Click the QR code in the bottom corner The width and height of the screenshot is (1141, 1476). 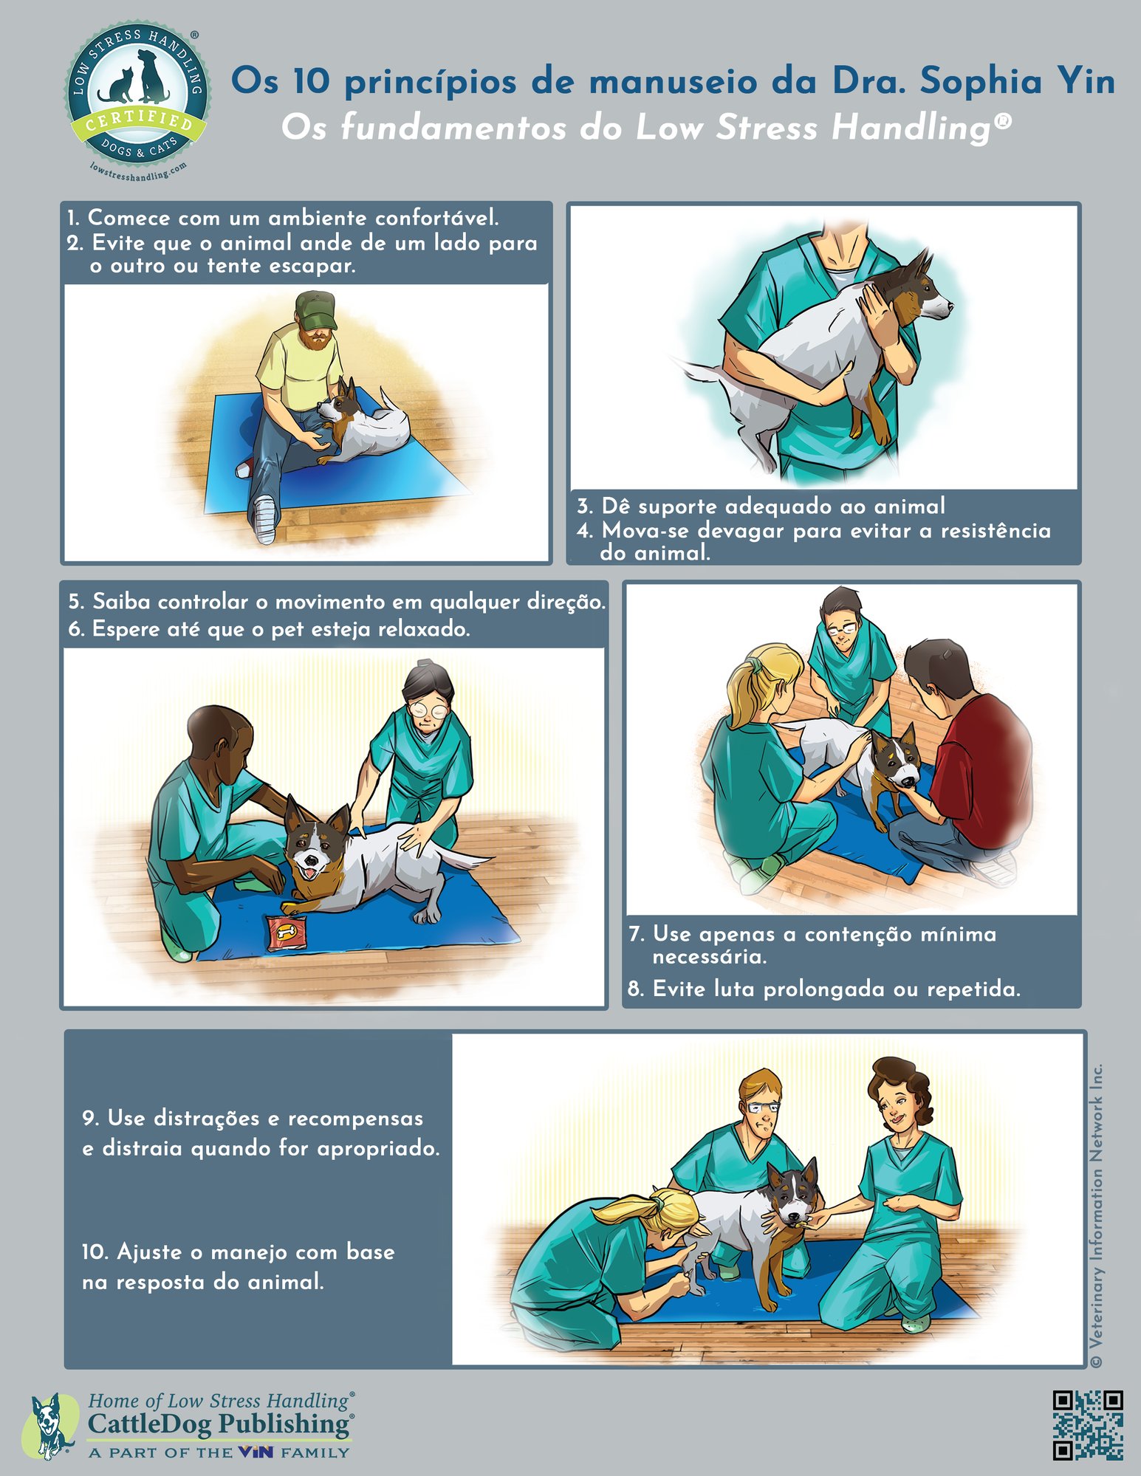(x=1087, y=1425)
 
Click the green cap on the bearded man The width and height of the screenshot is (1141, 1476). (x=316, y=310)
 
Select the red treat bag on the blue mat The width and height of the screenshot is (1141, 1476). (x=287, y=933)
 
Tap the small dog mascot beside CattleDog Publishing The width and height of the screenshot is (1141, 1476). (x=50, y=1426)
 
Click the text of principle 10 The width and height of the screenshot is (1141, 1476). (x=238, y=1267)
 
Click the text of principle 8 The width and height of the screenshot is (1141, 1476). (x=824, y=989)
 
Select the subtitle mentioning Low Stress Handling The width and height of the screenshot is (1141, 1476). (x=645, y=128)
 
